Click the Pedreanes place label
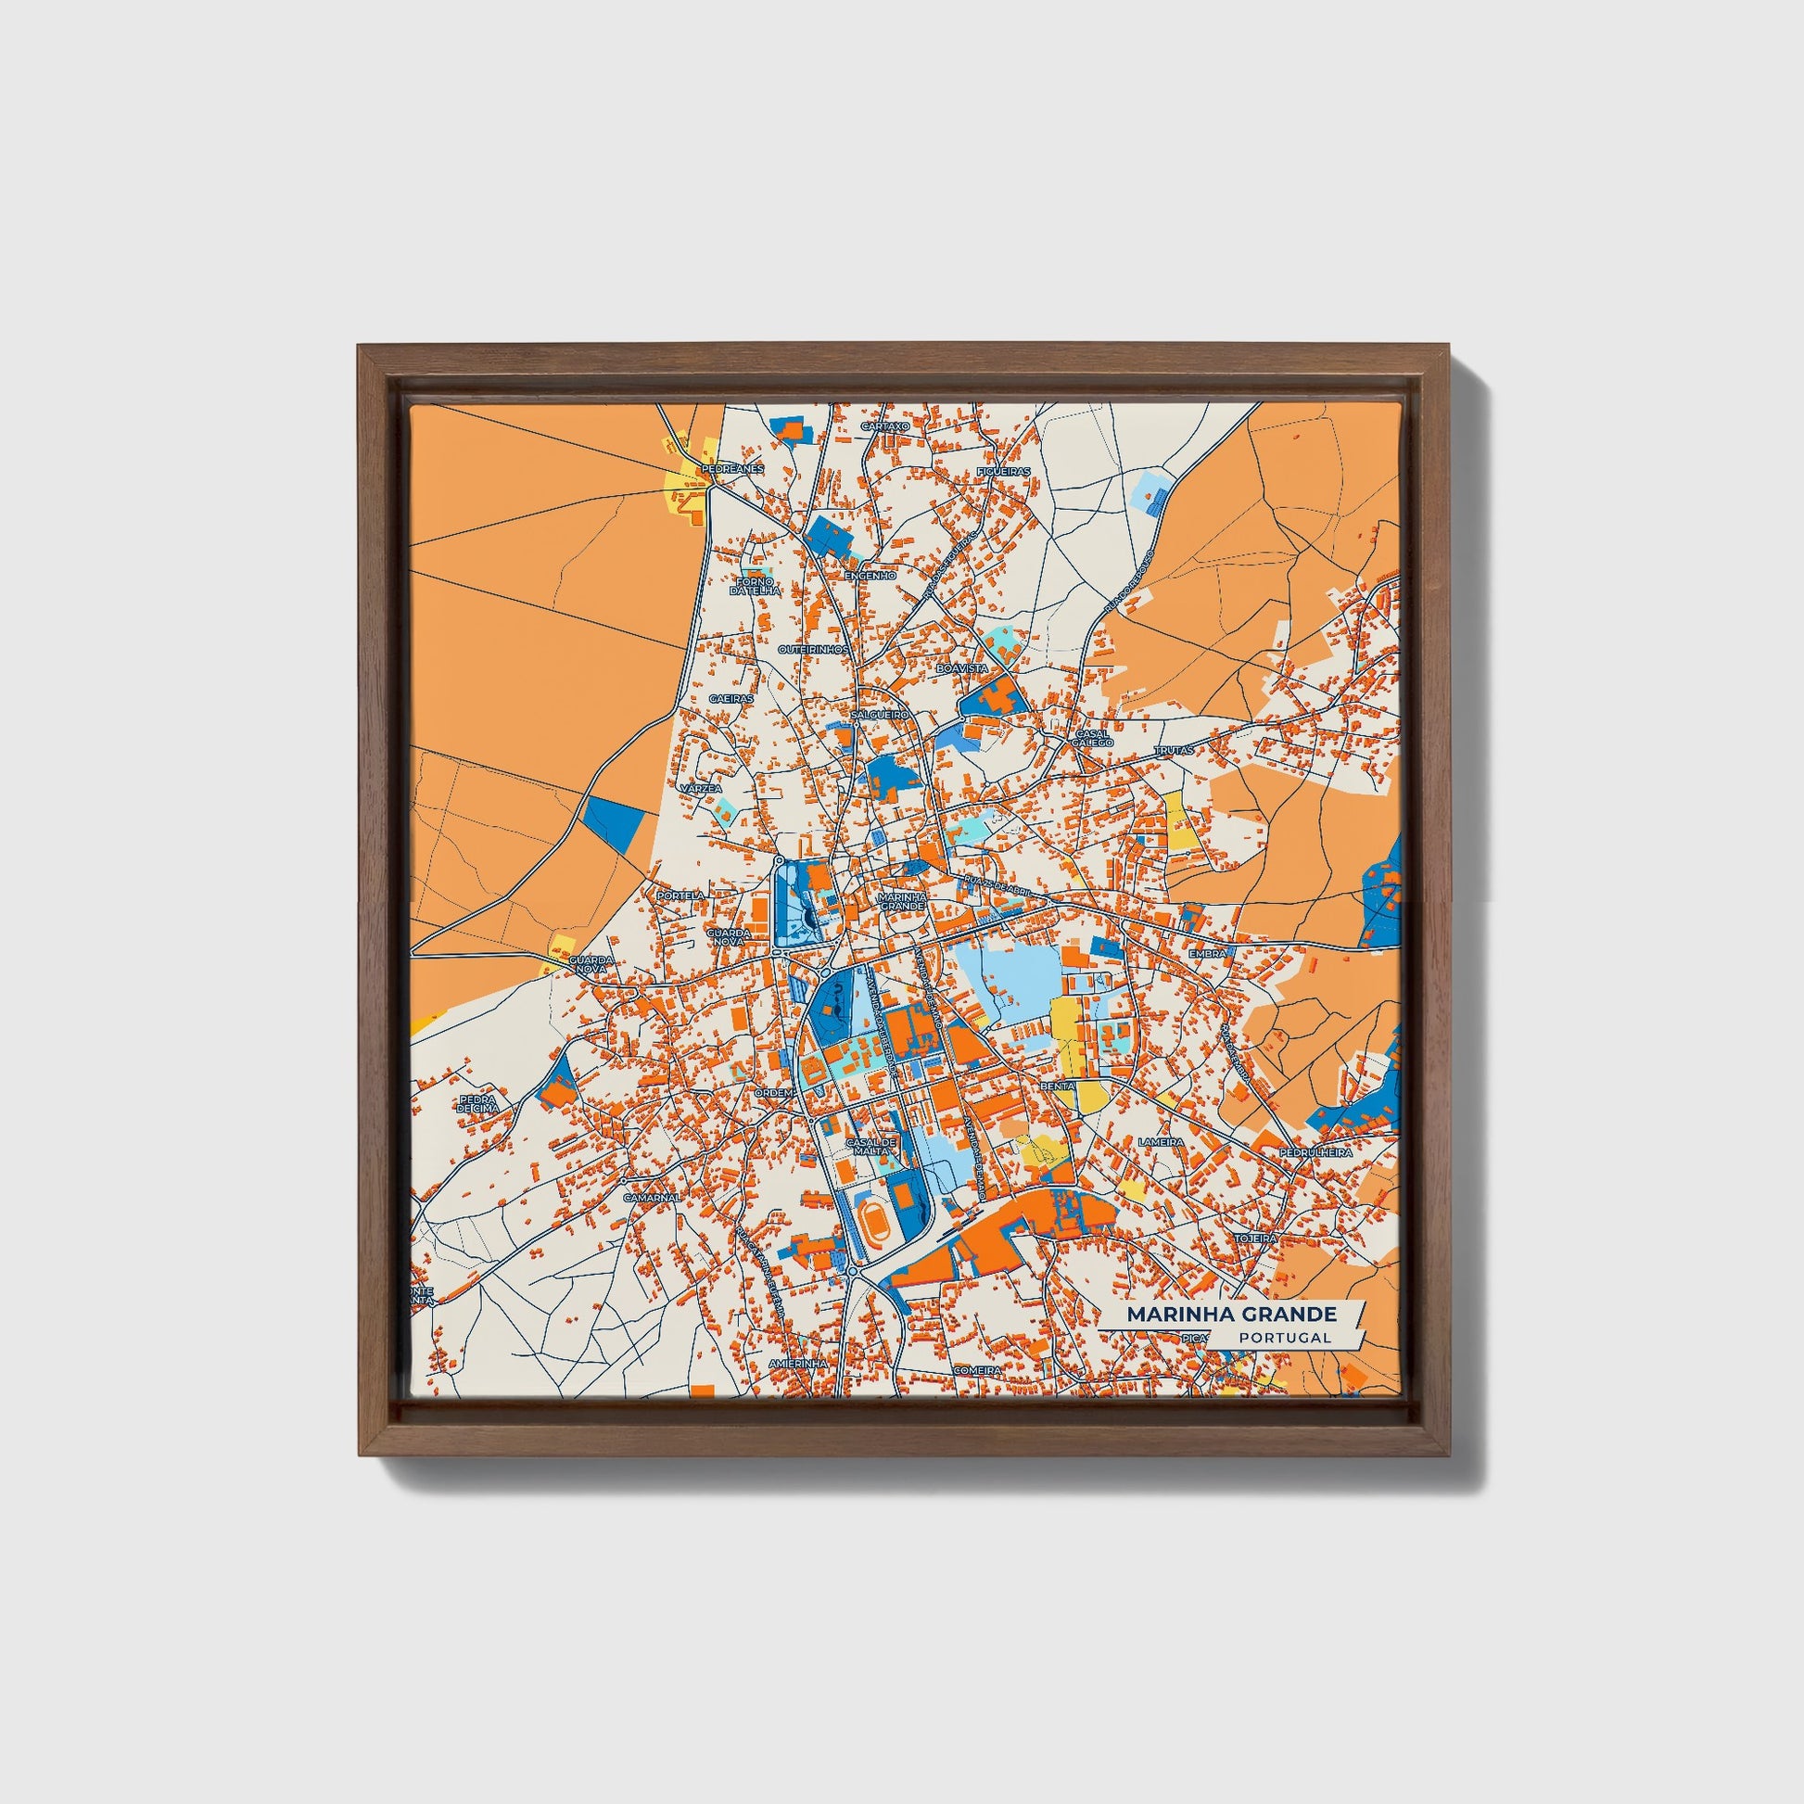(x=733, y=468)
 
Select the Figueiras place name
(x=1003, y=472)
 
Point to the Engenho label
(x=870, y=576)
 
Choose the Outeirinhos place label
(x=814, y=648)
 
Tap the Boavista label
(x=961, y=669)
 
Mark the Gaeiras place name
(x=731, y=697)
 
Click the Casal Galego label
(x=1093, y=738)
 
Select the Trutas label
(x=1174, y=750)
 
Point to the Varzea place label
(x=700, y=789)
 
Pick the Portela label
(x=680, y=895)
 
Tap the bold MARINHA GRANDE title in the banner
(x=1231, y=1314)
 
